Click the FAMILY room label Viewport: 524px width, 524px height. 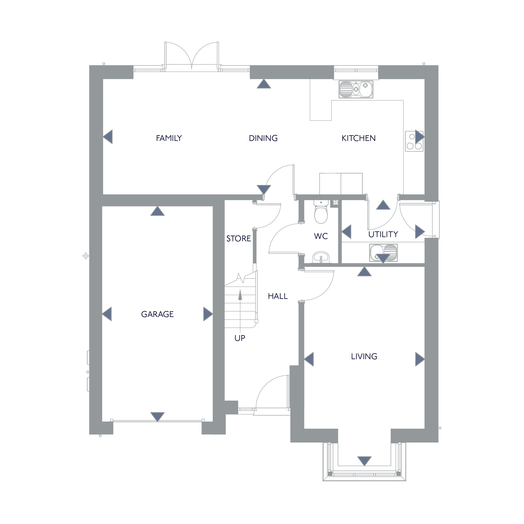click(169, 138)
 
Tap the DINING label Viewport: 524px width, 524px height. click(263, 138)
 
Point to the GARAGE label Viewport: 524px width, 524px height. click(157, 314)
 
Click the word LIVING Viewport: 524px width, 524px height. click(364, 356)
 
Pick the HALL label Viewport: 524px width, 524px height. click(278, 296)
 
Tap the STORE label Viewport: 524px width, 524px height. click(239, 239)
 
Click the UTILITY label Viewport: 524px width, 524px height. click(383, 234)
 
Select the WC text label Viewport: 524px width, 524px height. click(321, 236)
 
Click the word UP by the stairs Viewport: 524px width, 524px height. click(240, 338)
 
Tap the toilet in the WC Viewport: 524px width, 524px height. click(321, 212)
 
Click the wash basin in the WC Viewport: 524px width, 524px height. click(321, 257)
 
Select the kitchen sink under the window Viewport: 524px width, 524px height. click(356, 89)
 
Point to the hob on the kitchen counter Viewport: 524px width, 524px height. click(414, 141)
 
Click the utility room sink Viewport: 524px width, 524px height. click(383, 253)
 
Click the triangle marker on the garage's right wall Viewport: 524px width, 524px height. click(208, 314)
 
